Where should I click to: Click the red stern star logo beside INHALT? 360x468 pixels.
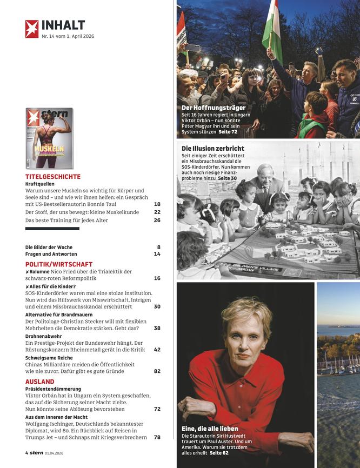coord(32,29)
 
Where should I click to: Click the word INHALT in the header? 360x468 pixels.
coord(63,25)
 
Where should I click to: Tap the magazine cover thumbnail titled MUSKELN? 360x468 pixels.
coord(49,138)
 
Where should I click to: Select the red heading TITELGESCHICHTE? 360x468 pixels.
coord(53,177)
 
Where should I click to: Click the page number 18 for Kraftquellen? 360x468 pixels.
coord(157,204)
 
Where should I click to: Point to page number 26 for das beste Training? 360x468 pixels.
coord(157,220)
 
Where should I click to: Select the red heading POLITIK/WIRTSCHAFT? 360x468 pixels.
coord(59,264)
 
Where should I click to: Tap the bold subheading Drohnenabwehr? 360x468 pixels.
coord(43,336)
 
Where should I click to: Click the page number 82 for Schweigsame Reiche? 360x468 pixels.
coord(157,371)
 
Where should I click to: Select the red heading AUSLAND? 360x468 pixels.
coord(39,382)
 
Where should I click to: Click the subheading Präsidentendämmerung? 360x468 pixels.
coord(53,389)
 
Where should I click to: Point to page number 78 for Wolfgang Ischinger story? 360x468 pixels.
coord(157,437)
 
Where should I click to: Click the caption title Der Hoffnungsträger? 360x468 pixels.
coord(214,108)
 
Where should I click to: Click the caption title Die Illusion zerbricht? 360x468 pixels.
coord(213,148)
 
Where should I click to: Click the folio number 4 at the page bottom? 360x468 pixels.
coord(26,453)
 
